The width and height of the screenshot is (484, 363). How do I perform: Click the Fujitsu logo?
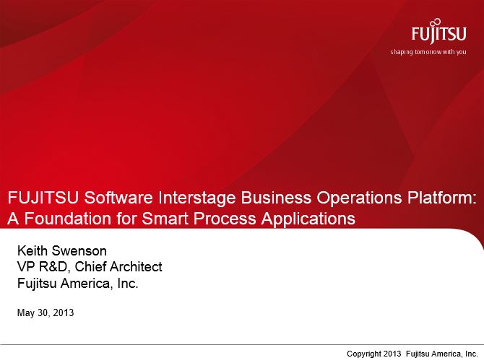[438, 31]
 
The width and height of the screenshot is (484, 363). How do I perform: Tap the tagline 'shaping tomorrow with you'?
[428, 52]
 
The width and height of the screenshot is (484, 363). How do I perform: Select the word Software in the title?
[118, 198]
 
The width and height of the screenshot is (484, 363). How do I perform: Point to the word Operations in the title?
[359, 198]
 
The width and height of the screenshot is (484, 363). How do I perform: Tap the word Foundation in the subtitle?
[68, 219]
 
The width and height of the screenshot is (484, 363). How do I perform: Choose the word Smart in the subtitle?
[165, 219]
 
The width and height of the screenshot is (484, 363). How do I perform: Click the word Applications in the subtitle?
[308, 219]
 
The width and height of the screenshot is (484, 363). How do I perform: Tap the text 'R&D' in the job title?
[53, 267]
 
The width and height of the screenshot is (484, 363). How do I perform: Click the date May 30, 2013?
[46, 312]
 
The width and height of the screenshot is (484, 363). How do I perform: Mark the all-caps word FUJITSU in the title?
[43, 198]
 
